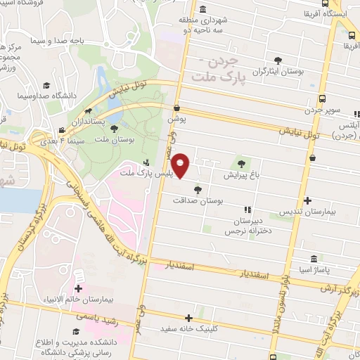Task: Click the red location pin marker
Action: click(x=181, y=166)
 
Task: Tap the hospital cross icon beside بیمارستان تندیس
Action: click(x=308, y=200)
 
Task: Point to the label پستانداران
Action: click(x=108, y=122)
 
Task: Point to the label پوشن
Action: click(x=175, y=120)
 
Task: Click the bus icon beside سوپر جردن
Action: click(x=322, y=99)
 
